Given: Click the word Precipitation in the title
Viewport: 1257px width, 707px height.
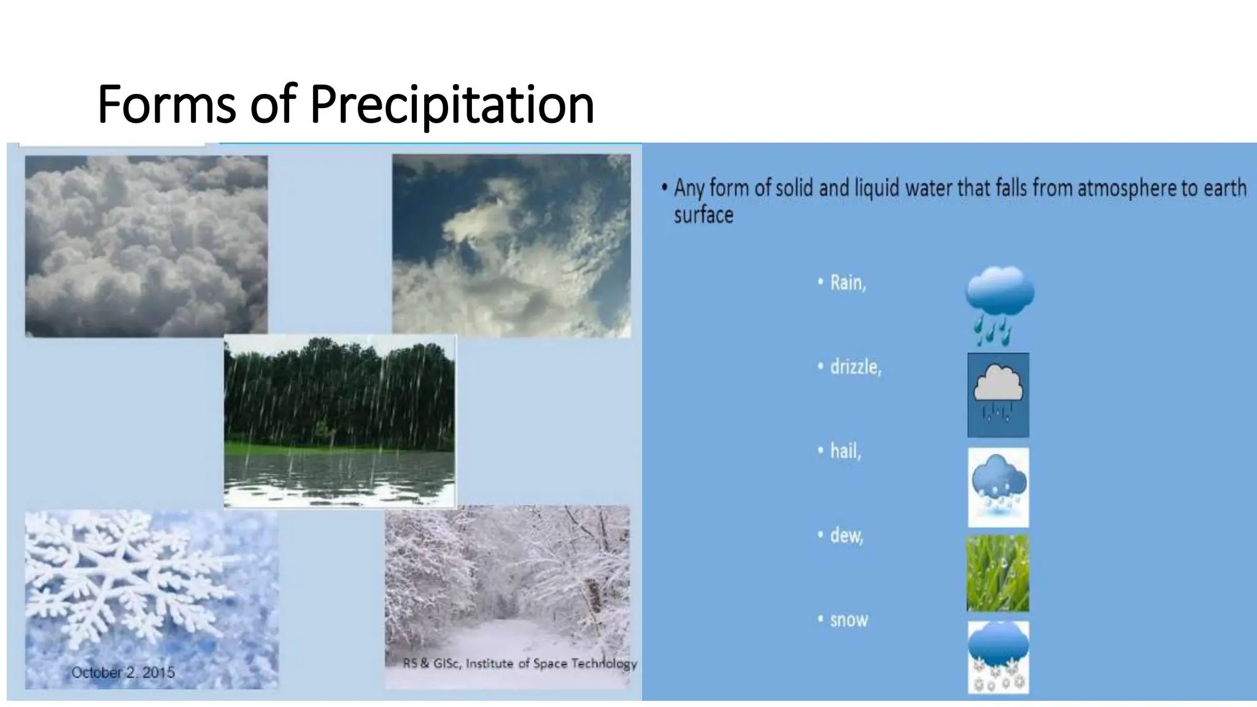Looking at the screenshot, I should click(x=452, y=104).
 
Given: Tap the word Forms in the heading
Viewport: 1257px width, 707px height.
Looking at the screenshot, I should click(x=166, y=104).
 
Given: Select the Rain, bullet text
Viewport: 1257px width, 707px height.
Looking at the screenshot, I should click(x=848, y=283).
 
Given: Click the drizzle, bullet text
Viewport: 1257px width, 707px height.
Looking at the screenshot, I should click(x=856, y=367).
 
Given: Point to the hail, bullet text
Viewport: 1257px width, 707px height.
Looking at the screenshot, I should click(x=846, y=451).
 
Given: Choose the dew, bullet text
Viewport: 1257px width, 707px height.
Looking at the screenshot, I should click(x=846, y=536).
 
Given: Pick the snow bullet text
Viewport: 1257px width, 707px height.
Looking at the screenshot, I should click(x=849, y=620).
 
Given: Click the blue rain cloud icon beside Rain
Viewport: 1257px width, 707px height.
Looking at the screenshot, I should click(x=999, y=304).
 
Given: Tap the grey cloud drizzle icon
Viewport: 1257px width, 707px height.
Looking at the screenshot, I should click(x=998, y=395).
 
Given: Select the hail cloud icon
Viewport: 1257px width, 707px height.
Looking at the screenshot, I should click(x=998, y=487).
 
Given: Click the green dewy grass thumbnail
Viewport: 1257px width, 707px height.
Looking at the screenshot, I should click(x=998, y=573).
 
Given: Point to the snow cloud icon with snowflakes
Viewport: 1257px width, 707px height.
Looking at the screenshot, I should click(x=998, y=657).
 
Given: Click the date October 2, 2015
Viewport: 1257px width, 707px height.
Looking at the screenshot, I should click(x=123, y=673).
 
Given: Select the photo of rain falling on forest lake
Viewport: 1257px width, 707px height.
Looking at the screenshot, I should click(x=340, y=421).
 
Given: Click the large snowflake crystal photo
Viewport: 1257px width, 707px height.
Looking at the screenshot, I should click(x=150, y=598).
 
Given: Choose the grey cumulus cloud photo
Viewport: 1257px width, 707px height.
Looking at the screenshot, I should click(x=146, y=245).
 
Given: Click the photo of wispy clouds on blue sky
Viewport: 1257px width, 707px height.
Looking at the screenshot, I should click(x=511, y=245).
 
